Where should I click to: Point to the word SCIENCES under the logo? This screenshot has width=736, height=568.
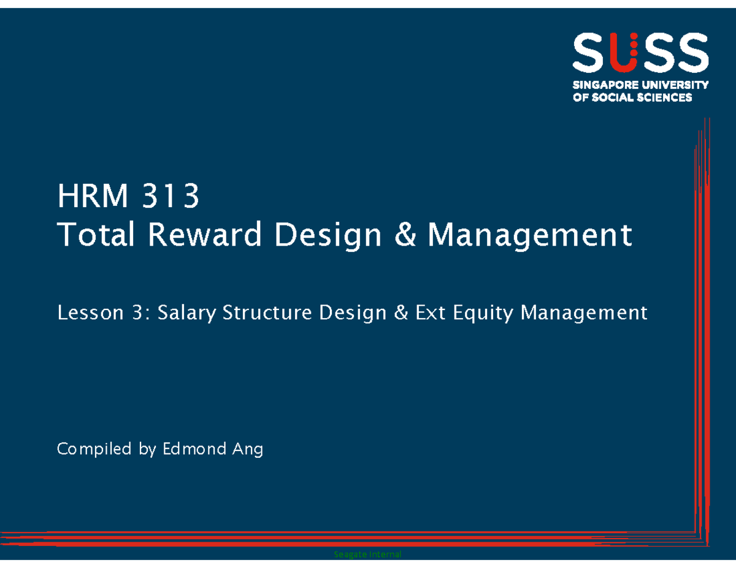(x=664, y=97)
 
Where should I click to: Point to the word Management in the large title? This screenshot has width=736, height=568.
(x=529, y=236)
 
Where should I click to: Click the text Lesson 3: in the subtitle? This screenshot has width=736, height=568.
(x=103, y=313)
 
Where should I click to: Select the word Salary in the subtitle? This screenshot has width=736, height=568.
(x=187, y=314)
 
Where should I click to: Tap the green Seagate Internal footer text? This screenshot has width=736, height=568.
(x=367, y=555)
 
